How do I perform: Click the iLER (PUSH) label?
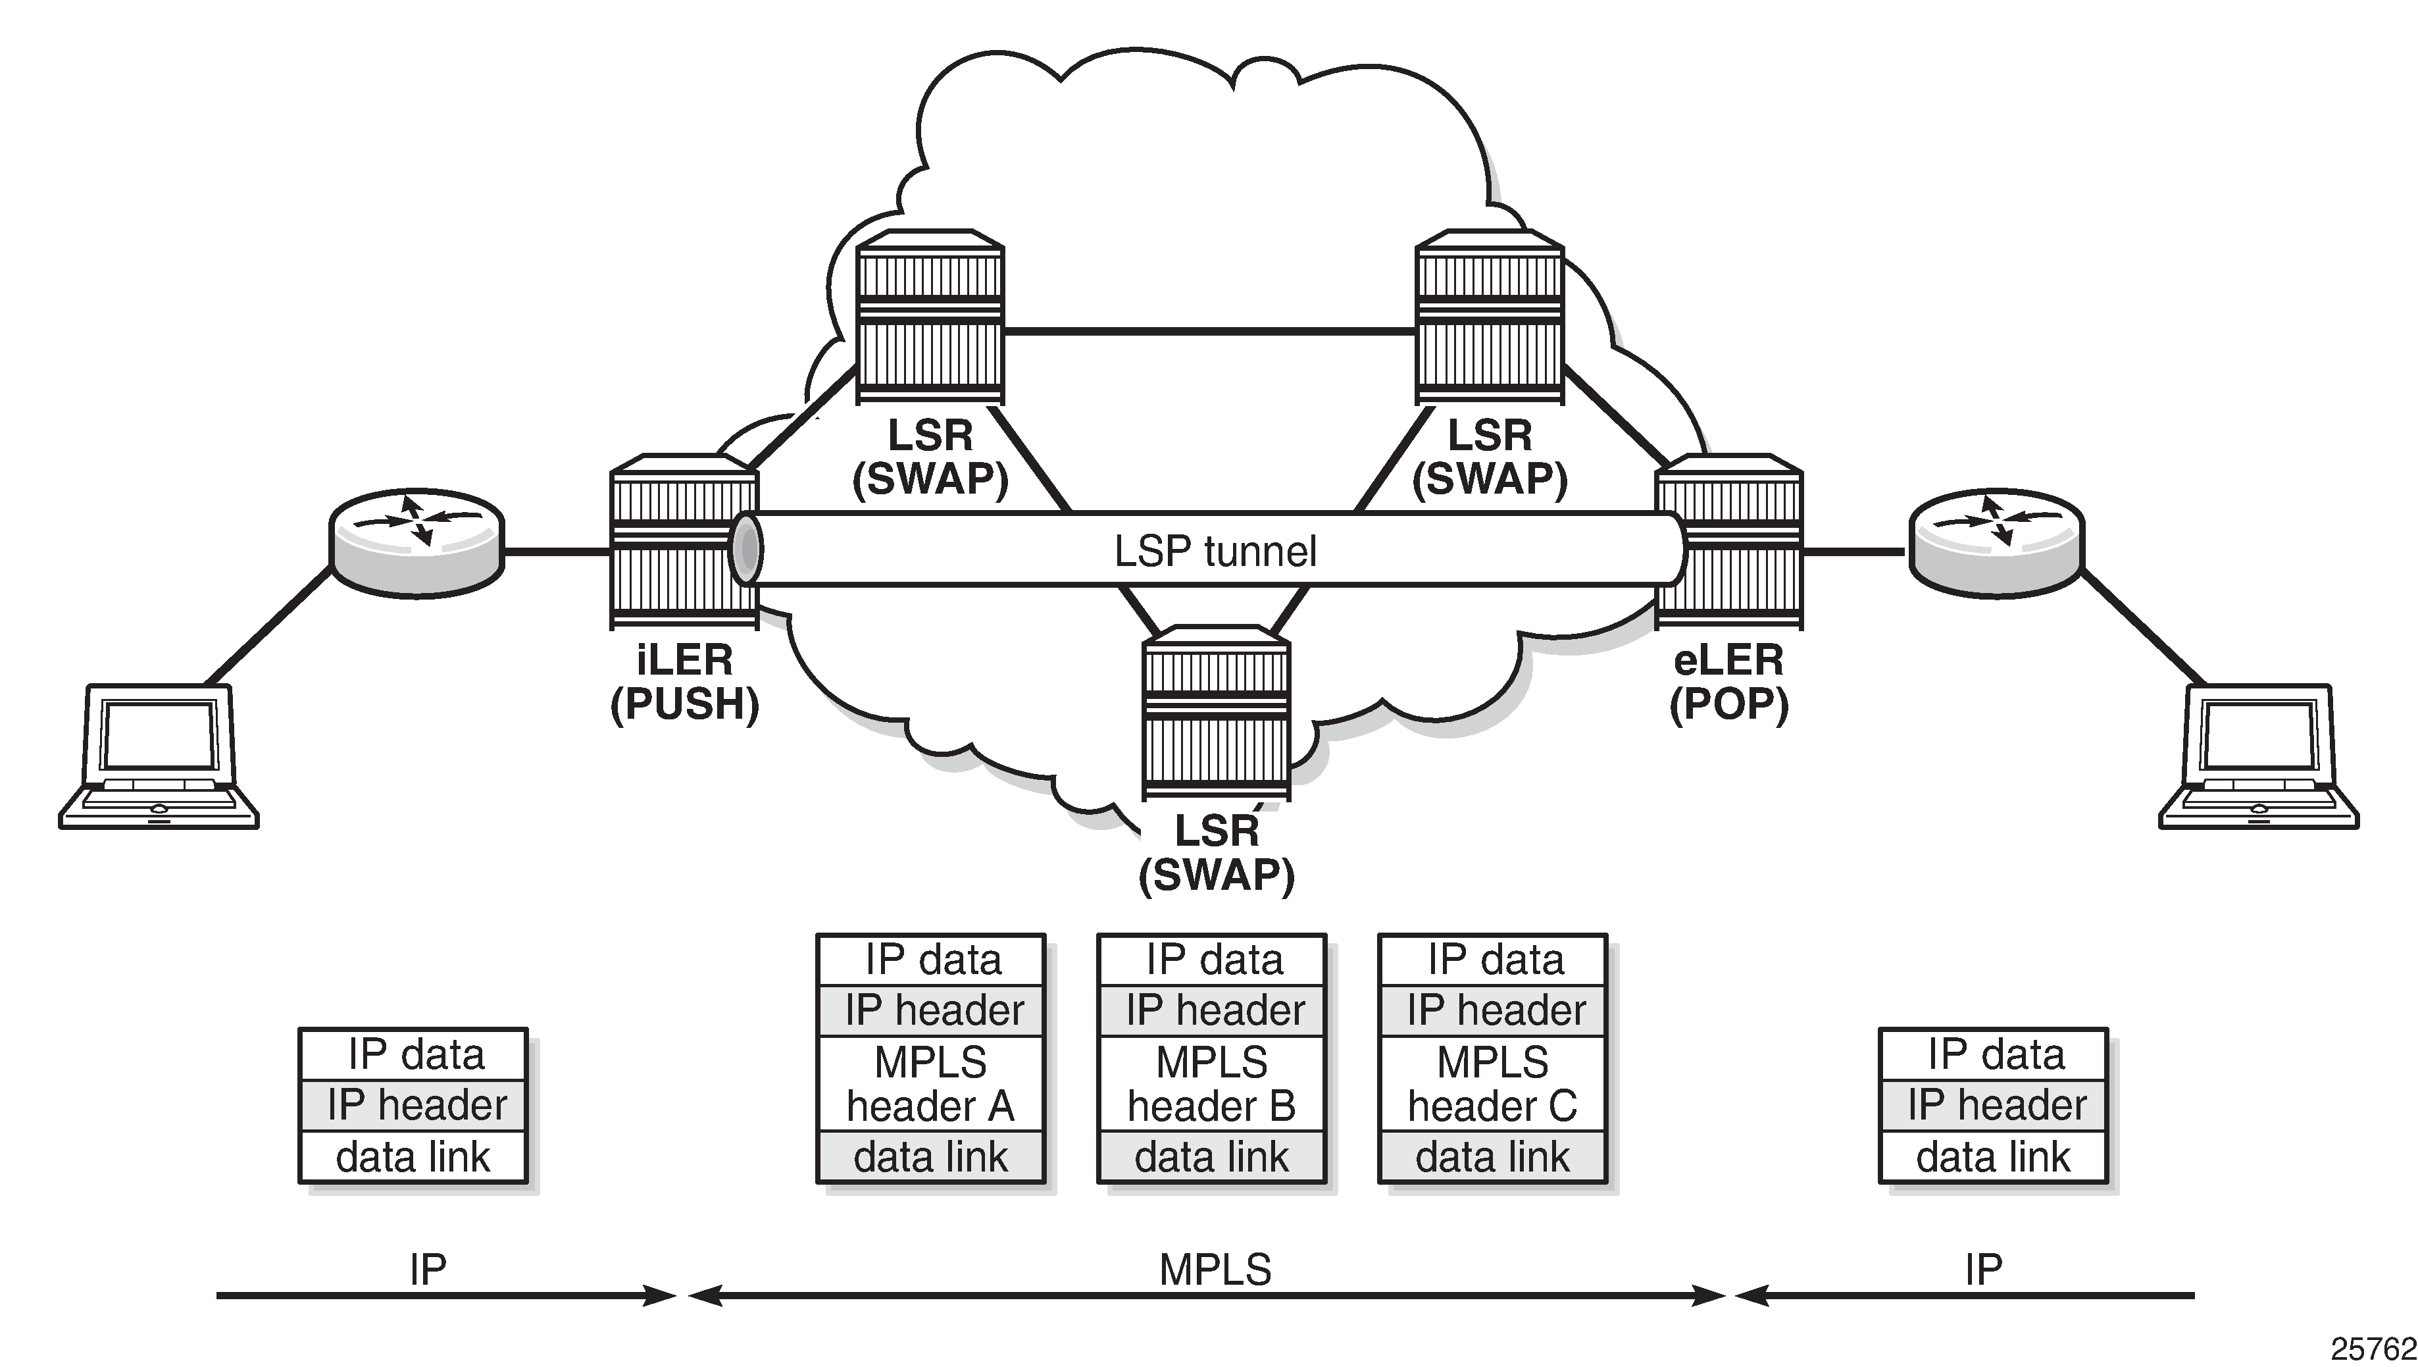(x=684, y=683)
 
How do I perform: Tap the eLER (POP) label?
(x=1728, y=683)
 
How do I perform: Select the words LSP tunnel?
(x=1215, y=551)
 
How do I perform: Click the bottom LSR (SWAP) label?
(x=1217, y=852)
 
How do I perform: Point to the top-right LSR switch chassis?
(x=1490, y=319)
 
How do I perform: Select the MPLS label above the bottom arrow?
(x=1215, y=1270)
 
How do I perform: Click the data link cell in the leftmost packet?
(x=413, y=1156)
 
